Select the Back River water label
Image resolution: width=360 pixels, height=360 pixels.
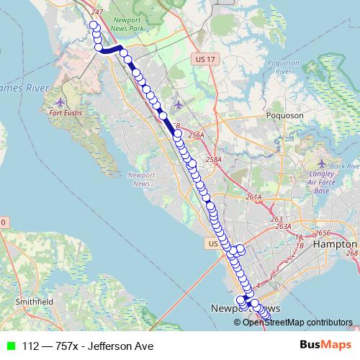pos(344,166)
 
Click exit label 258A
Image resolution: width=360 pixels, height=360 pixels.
pos(214,159)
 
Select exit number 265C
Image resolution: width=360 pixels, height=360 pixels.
pos(321,233)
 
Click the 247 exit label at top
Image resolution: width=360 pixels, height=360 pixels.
pos(98,13)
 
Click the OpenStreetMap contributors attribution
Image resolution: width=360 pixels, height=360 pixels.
pos(297,322)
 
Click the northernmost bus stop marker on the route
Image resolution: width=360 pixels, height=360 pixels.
pos(93,25)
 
